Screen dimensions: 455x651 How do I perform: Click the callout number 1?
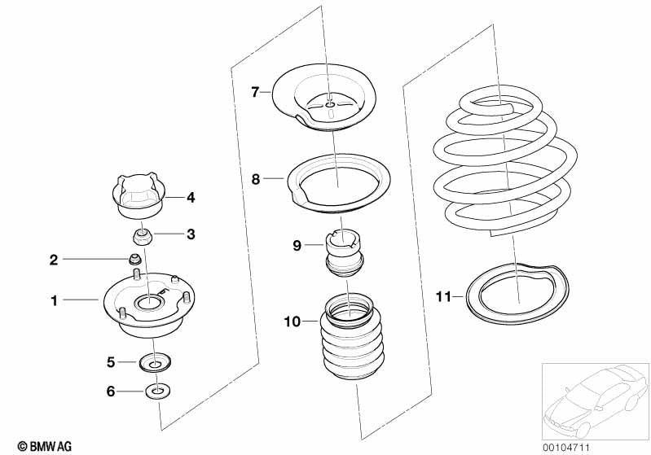click(55, 301)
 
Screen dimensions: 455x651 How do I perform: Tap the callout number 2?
click(54, 260)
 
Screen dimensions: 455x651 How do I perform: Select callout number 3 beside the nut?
click(191, 234)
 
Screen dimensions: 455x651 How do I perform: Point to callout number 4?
click(191, 197)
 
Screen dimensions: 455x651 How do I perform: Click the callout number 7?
click(255, 93)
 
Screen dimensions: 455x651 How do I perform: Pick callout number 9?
click(297, 243)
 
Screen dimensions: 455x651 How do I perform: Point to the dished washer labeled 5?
click(155, 361)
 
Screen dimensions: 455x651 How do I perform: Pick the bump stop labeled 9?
click(347, 253)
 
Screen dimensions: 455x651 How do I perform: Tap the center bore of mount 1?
click(150, 304)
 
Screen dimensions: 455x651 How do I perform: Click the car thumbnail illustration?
click(594, 396)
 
